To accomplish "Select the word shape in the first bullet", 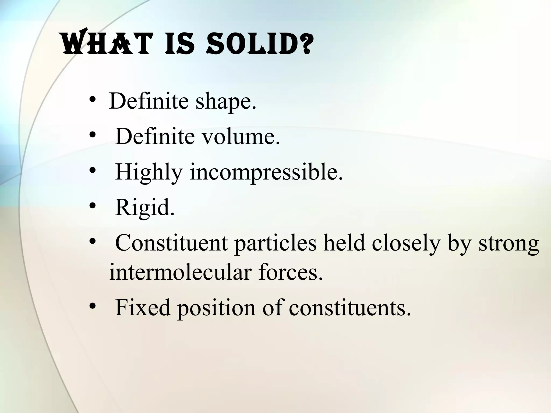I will [226, 102].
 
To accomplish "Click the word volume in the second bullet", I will [241, 137].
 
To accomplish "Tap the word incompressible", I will [266, 172].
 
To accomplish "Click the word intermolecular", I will [180, 272].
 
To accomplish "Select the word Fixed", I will [143, 307].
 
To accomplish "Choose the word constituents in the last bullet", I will [350, 307].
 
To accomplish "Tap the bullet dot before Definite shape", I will [93, 100].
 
